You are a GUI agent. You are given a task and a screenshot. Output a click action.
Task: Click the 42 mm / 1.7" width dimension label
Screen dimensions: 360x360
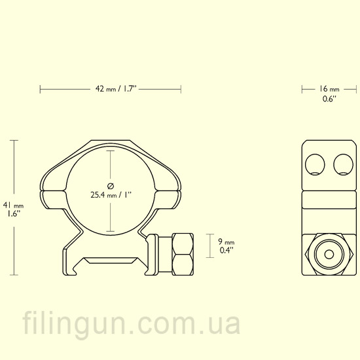[x=116, y=88]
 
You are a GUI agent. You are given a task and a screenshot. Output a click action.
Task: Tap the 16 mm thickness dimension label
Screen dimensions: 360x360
[x=329, y=89]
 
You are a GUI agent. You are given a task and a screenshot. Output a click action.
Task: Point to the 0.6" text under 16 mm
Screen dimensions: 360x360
[x=329, y=99]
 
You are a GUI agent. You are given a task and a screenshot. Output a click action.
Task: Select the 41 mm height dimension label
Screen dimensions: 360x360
[x=13, y=205]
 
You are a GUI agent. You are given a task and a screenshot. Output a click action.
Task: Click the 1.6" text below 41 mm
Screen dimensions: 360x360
[x=13, y=214]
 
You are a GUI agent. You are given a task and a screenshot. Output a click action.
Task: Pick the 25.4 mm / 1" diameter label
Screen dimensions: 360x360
[x=111, y=195]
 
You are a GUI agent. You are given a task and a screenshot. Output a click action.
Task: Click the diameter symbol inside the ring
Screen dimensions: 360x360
[x=111, y=186]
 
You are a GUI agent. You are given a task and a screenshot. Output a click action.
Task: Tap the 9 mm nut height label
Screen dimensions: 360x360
[x=226, y=242]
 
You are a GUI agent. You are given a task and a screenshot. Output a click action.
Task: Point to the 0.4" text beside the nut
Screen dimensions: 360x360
[x=226, y=250]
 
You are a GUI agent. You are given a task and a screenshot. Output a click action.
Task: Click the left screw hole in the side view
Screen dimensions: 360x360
[x=315, y=164]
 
